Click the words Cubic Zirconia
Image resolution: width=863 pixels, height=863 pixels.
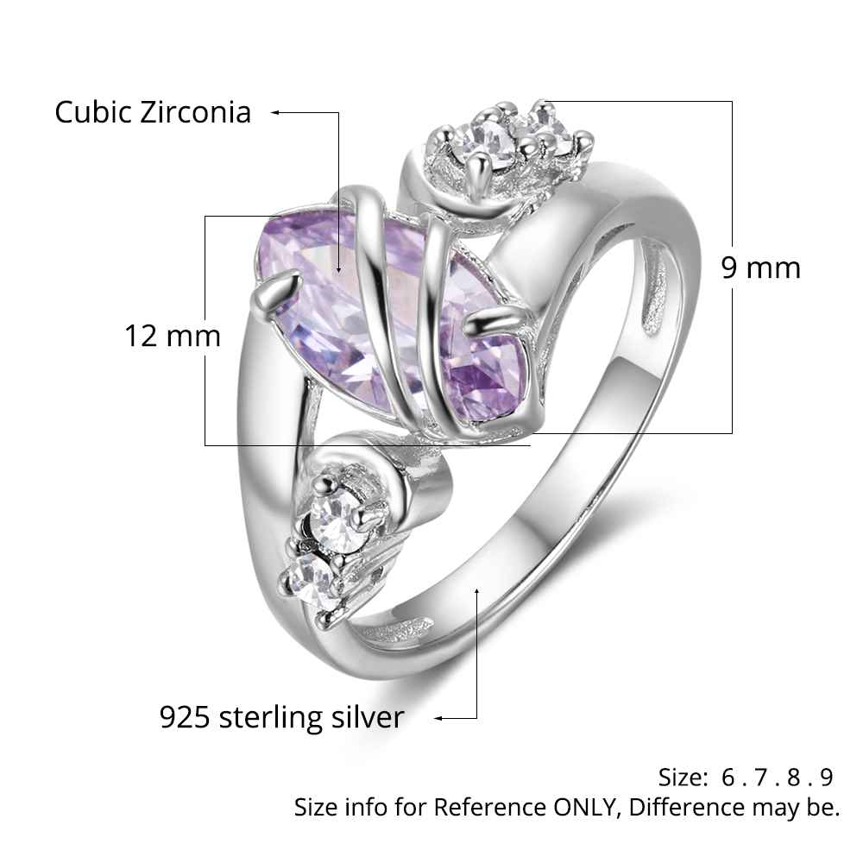(153, 112)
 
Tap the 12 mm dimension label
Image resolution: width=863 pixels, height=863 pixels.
(173, 336)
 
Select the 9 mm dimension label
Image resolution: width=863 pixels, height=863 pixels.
(761, 268)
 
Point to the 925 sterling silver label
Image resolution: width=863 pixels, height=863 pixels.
(281, 717)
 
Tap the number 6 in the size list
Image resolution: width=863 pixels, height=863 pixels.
(728, 778)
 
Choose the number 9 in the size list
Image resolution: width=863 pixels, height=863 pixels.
(827, 778)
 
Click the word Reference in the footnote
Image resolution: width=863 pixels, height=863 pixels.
(489, 808)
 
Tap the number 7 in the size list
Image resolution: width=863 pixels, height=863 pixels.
(761, 778)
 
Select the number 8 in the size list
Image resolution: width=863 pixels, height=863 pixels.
(794, 778)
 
